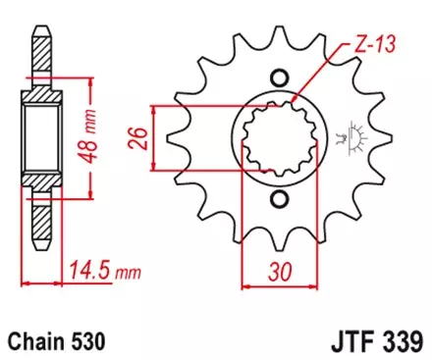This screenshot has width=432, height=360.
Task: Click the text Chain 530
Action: [x=56, y=339]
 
